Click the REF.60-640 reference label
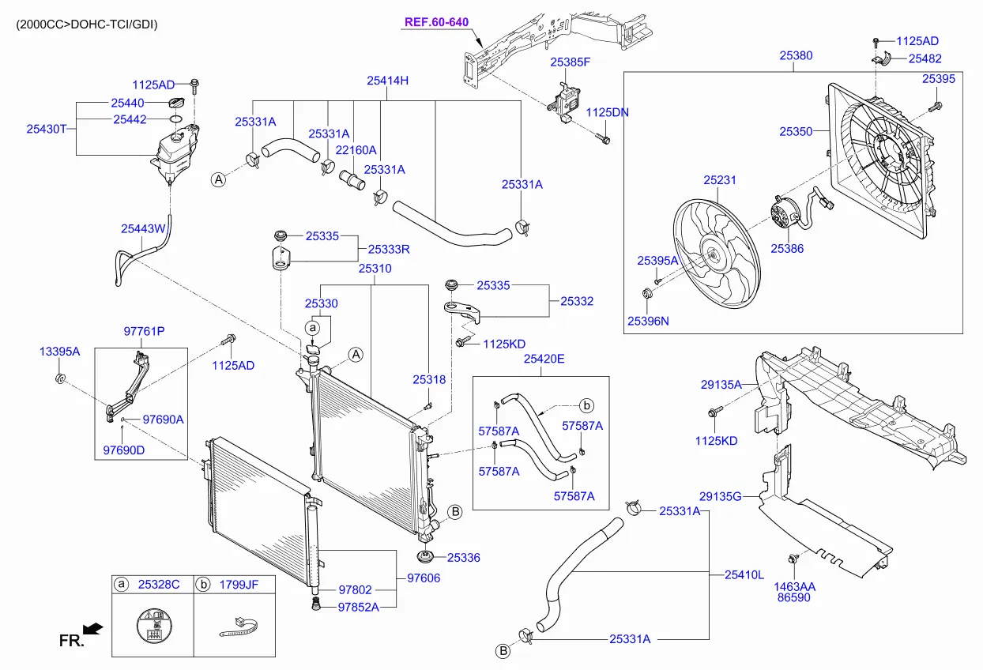coord(435,23)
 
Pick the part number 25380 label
coord(796,56)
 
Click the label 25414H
coord(387,80)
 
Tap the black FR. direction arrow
coord(92,628)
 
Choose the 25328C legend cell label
coord(159,585)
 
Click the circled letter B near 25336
coord(455,513)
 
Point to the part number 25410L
coord(744,574)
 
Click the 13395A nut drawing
coord(59,381)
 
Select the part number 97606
coord(424,578)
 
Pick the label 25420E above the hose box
coord(544,359)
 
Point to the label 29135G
coord(720,496)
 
